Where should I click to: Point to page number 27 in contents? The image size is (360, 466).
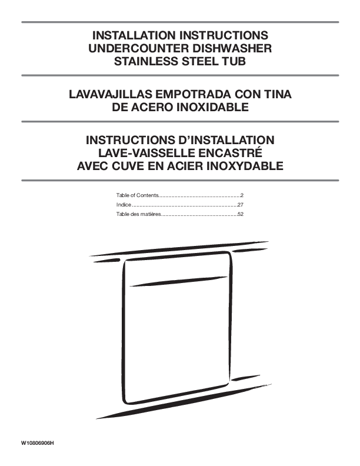pyautogui.click(x=240, y=204)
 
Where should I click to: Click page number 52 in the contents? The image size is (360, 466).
pyautogui.click(x=240, y=215)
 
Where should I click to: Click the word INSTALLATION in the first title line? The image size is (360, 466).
pyautogui.click(x=134, y=35)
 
